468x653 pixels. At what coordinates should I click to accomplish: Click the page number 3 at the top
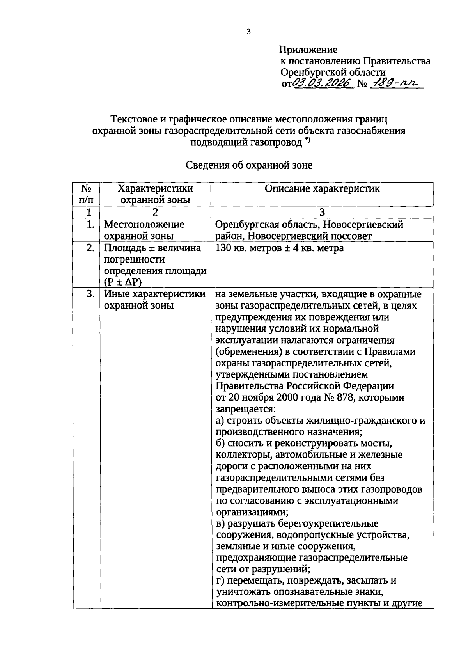tap(248, 32)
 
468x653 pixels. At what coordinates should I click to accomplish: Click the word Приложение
tap(308, 50)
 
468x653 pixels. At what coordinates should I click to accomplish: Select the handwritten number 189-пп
tap(395, 83)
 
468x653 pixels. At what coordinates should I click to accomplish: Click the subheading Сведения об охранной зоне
tap(249, 165)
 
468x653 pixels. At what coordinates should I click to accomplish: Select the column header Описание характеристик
tap(322, 189)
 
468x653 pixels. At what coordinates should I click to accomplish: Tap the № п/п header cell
tap(87, 194)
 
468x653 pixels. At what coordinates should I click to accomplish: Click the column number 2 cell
tap(155, 212)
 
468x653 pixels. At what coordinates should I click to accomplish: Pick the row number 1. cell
tap(90, 225)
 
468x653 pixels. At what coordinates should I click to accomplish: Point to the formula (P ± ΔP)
tap(122, 282)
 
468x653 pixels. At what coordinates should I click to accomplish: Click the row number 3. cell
tap(90, 294)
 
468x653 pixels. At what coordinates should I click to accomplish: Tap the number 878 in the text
tap(344, 398)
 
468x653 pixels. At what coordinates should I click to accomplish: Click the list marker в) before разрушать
tap(221, 523)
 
